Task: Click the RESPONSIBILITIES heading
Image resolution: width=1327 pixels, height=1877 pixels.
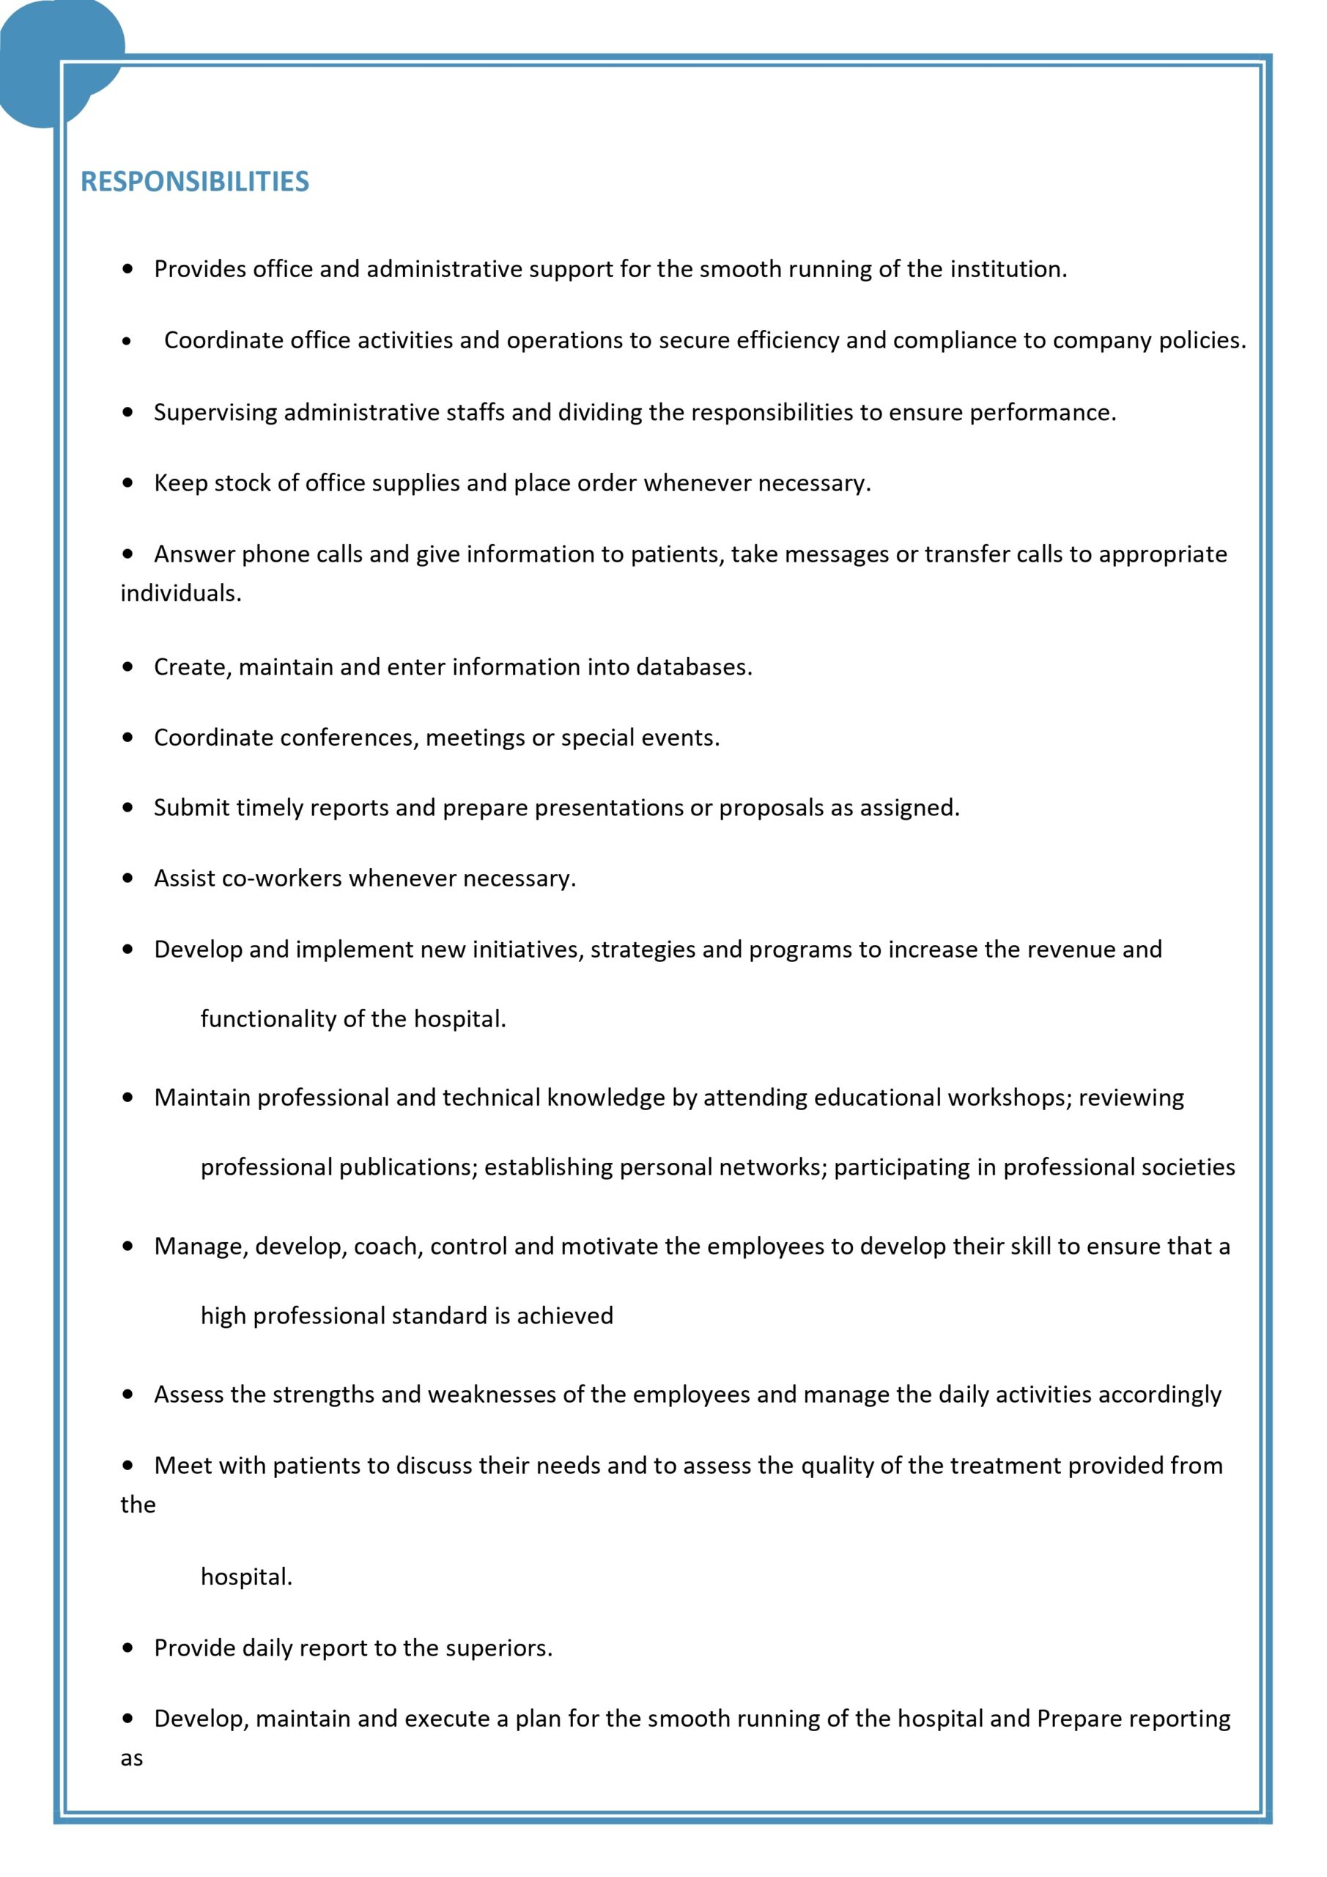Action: coord(194,182)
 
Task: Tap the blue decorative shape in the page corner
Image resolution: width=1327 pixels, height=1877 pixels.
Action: coord(49,57)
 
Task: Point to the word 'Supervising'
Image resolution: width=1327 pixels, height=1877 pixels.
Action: coord(215,412)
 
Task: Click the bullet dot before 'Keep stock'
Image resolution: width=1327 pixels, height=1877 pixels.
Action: coord(127,483)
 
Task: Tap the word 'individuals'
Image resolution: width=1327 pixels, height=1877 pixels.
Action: coord(180,592)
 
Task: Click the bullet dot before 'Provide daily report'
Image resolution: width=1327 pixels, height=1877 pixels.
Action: coord(127,1648)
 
